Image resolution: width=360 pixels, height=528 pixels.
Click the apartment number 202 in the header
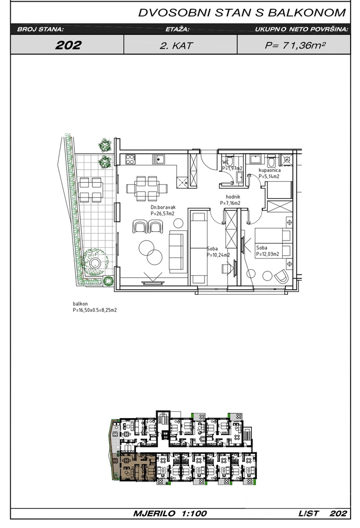68,45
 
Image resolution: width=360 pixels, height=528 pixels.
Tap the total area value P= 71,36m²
294,45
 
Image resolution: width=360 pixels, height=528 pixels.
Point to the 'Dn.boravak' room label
163,207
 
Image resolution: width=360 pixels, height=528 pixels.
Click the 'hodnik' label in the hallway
233,197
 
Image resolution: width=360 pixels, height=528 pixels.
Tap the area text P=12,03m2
268,254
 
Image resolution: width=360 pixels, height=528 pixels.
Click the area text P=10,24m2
218,255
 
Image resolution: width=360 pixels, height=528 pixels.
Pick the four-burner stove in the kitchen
131,159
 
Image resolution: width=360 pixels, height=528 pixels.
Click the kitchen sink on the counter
157,159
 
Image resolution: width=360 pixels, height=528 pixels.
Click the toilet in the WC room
229,161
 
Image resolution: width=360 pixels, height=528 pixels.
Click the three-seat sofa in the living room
178,252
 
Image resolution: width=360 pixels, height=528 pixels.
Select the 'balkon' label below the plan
80,304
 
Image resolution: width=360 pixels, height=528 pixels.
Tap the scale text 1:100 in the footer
194,513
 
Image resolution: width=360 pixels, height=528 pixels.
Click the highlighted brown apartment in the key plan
135,466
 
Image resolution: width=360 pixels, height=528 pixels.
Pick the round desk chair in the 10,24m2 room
227,269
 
